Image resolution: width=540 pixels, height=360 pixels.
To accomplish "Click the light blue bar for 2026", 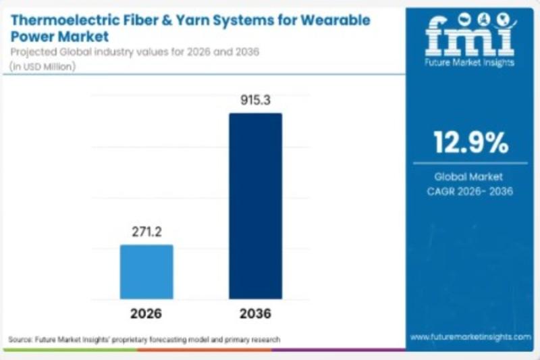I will (146, 272).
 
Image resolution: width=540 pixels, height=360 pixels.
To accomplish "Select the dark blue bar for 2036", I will (255, 206).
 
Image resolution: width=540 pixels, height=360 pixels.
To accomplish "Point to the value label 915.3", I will (255, 101).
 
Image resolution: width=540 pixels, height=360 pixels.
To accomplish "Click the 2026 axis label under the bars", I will (146, 313).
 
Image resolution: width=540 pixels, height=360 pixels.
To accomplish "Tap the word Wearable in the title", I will (333, 20).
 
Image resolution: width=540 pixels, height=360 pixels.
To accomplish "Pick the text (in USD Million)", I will (43, 66).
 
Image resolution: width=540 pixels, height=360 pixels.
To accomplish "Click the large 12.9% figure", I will (470, 143).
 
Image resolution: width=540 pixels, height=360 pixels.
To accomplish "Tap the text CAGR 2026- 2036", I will (470, 191).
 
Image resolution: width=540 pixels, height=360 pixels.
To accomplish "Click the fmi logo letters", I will (470, 37).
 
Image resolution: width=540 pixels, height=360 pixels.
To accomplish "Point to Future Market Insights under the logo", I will (470, 62).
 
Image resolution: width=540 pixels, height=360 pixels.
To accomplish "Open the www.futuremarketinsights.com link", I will (470, 336).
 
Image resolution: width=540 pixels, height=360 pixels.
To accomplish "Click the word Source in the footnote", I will (20, 339).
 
